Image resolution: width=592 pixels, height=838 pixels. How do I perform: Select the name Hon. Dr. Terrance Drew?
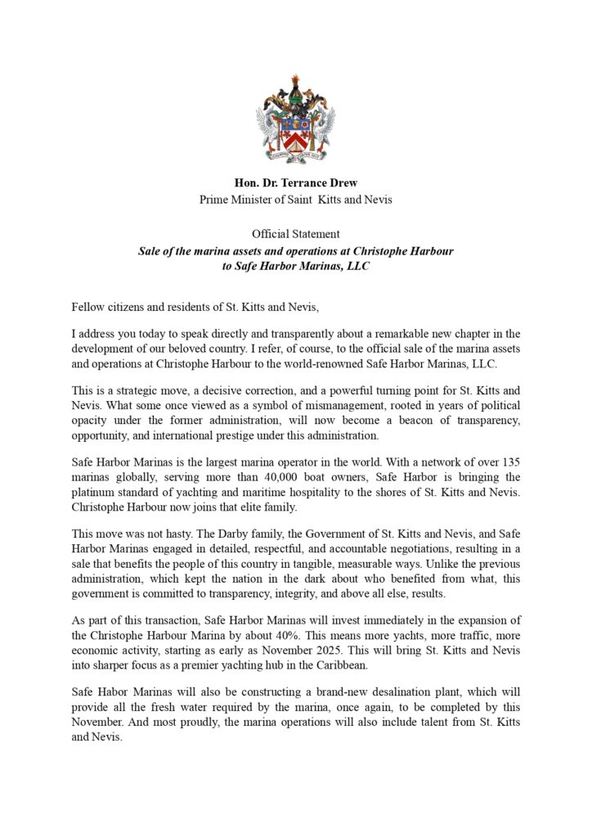[x=295, y=183]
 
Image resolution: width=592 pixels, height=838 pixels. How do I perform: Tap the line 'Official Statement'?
[x=295, y=235]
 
